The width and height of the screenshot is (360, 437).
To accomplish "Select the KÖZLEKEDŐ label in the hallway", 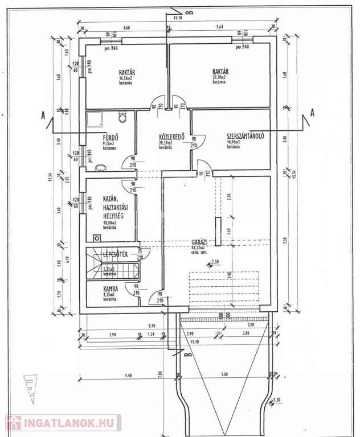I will coord(171,137).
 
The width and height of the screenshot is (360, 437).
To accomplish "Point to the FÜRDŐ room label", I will coord(111,137).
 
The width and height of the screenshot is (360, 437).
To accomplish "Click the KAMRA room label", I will coord(111,288).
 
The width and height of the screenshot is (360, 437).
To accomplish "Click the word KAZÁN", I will coord(110,198).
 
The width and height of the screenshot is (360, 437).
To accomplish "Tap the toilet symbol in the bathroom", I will coord(122,118).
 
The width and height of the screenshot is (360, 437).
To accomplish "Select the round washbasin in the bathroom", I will coord(100,168).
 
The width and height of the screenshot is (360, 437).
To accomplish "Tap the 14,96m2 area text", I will coord(234,142).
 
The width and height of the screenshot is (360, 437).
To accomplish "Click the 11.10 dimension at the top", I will coord(178,18).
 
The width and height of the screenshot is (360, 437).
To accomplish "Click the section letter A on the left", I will coord(43,116).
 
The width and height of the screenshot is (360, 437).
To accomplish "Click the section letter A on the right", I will coord(312,113).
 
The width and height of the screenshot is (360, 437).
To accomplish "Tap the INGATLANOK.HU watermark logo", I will coord(62,422).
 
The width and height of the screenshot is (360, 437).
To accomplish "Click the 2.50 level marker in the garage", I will coord(215,262).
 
